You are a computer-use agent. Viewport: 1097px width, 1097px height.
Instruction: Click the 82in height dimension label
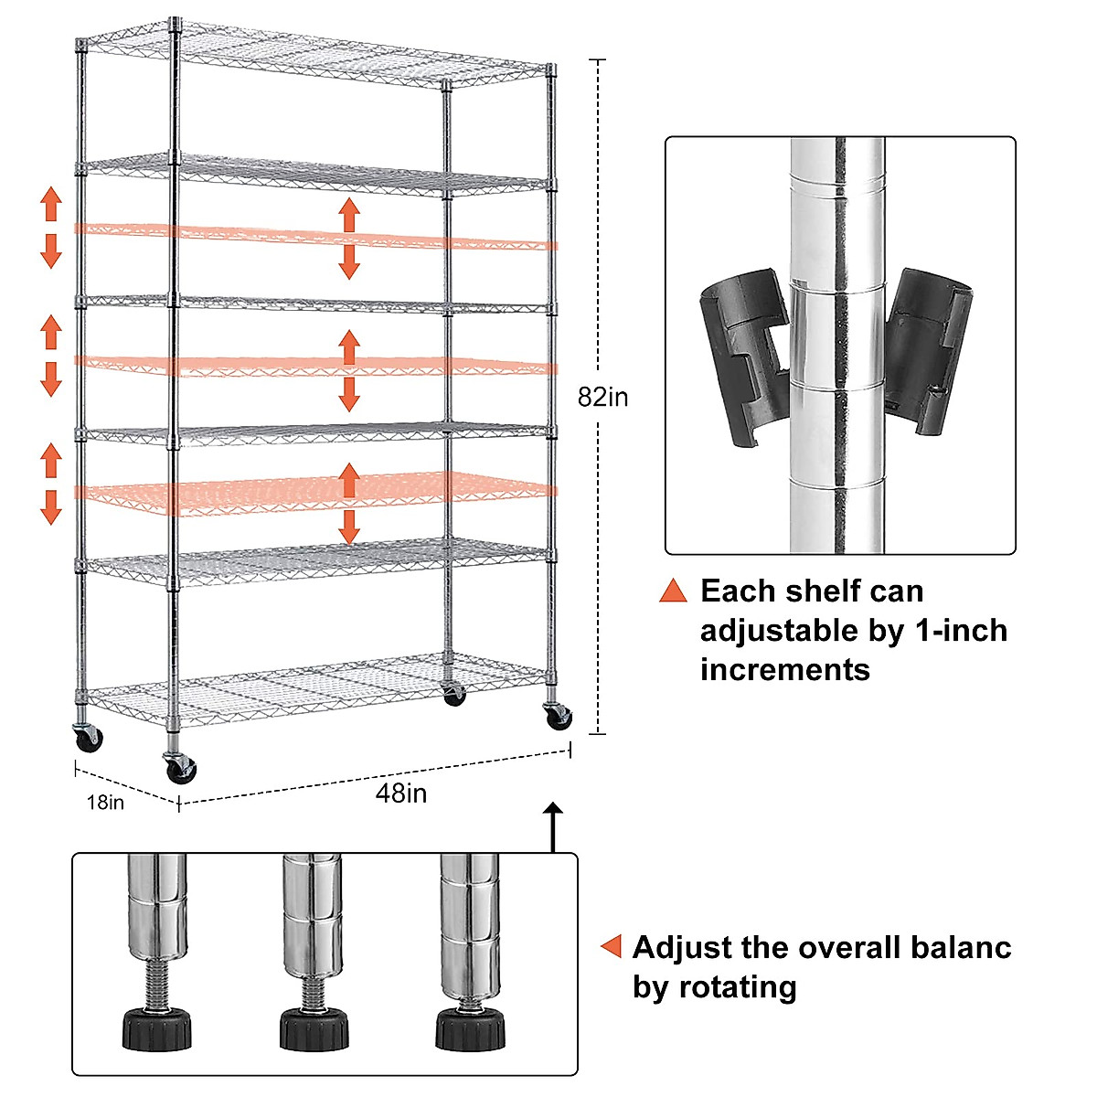pos(602,398)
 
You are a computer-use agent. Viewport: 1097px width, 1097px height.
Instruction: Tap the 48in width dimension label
pos(401,793)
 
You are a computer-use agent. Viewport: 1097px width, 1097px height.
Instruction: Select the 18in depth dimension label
pos(105,803)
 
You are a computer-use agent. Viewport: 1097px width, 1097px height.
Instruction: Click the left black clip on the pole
pos(742,356)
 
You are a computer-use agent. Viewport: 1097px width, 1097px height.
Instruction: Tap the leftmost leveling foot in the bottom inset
pos(157,1028)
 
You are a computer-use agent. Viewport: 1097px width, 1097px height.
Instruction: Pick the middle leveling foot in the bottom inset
pos(314,1028)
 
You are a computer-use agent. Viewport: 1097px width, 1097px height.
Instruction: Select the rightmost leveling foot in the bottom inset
pos(469,1028)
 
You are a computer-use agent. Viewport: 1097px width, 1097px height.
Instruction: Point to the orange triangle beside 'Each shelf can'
pos(673,591)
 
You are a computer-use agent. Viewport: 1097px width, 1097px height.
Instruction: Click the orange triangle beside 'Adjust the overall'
pos(611,947)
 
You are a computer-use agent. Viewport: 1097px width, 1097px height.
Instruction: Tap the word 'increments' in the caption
pos(784,670)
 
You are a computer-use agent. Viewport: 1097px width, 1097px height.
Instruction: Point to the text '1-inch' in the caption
pos(957,631)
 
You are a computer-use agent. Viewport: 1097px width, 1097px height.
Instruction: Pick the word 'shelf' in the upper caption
pos(818,591)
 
